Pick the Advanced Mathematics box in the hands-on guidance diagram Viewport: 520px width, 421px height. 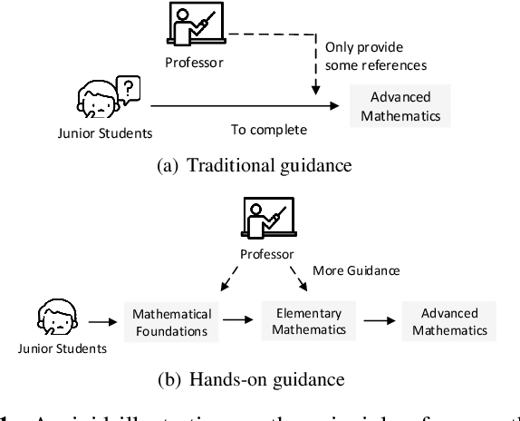click(449, 321)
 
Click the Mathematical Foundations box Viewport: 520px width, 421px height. click(172, 322)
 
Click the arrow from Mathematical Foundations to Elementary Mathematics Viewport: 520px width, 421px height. click(240, 321)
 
